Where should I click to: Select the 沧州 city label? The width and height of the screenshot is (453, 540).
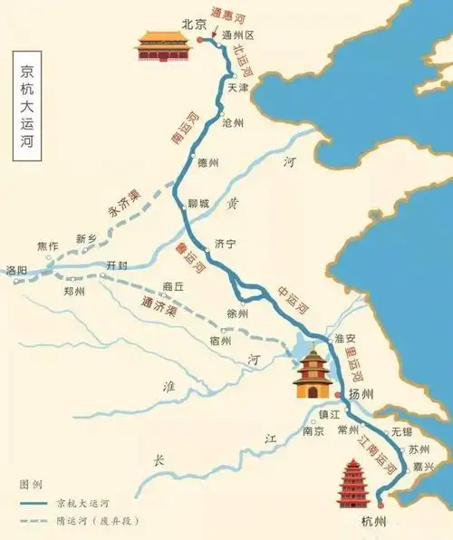(x=234, y=121)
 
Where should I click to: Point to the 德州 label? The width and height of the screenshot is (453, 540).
(x=208, y=162)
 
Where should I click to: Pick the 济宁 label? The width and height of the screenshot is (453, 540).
(x=225, y=244)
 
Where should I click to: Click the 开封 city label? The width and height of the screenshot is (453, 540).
(x=118, y=265)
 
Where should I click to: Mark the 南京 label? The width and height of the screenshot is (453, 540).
(x=313, y=431)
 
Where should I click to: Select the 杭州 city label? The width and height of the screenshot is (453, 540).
(x=372, y=522)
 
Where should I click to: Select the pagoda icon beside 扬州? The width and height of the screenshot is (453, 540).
(x=313, y=374)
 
